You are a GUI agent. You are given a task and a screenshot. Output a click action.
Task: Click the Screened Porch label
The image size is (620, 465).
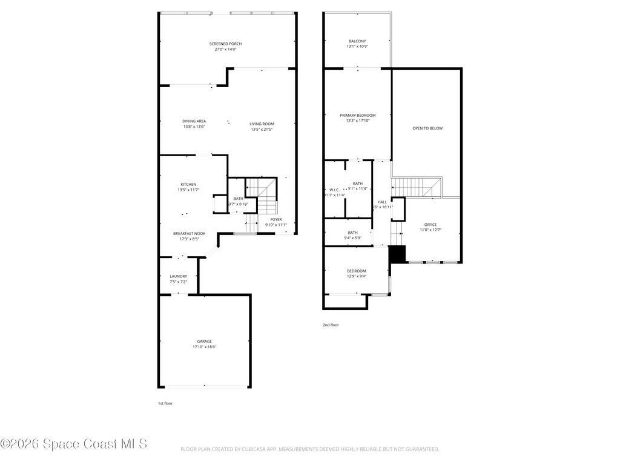tap(225, 44)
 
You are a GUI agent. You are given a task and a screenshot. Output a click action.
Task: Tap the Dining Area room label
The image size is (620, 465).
tap(194, 121)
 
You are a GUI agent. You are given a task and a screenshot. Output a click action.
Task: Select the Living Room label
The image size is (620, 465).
tap(262, 124)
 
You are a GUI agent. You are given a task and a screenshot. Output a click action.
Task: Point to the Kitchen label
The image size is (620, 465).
tap(188, 185)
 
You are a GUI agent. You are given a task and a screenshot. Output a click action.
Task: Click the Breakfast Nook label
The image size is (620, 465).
tap(189, 234)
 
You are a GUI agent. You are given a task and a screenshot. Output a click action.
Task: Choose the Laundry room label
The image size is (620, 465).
tap(178, 276)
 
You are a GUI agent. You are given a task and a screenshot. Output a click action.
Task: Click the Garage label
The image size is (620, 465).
tap(204, 341)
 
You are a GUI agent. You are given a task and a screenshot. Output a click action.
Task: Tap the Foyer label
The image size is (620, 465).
tap(275, 219)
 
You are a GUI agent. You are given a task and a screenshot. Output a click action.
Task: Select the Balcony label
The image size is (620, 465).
tap(357, 41)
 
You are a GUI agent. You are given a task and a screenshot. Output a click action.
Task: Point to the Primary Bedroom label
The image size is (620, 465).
tap(357, 116)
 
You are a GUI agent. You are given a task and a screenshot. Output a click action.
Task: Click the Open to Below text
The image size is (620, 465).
tap(427, 128)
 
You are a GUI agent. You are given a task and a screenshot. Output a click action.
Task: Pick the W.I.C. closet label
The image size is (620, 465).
tap(334, 190)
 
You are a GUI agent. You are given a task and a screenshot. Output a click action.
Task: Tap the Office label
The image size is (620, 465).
tap(430, 225)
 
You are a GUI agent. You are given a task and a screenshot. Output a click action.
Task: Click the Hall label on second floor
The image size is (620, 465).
tap(382, 202)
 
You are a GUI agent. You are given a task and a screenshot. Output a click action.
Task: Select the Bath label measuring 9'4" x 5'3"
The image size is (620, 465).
tap(352, 233)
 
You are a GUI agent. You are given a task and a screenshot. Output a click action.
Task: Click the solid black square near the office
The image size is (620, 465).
tap(397, 254)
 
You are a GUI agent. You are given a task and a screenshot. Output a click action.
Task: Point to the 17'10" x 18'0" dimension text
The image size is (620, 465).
tap(204, 347)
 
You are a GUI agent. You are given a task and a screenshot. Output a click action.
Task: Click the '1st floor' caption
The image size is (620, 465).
tap(165, 403)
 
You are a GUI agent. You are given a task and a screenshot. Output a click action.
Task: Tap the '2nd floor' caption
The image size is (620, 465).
tap(331, 325)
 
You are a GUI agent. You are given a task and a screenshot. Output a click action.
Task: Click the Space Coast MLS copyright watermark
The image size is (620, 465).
tap(74, 444)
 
